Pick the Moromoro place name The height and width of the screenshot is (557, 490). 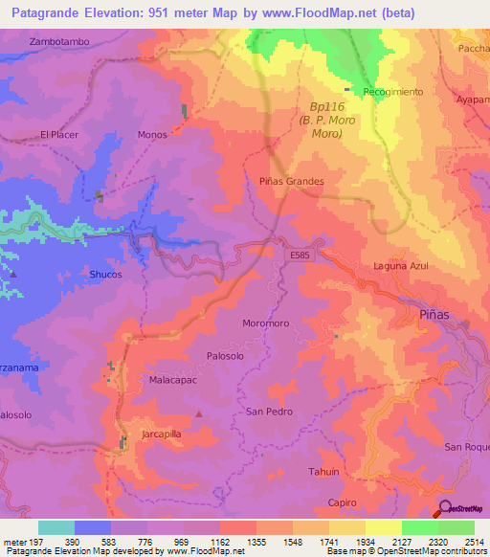tap(266, 323)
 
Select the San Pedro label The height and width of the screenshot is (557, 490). tap(269, 412)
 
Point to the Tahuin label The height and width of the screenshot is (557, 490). tap(323, 472)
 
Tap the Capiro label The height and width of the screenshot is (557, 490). tap(341, 502)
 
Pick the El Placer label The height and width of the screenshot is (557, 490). tap(58, 135)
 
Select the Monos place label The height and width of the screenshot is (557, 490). tap(152, 135)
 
